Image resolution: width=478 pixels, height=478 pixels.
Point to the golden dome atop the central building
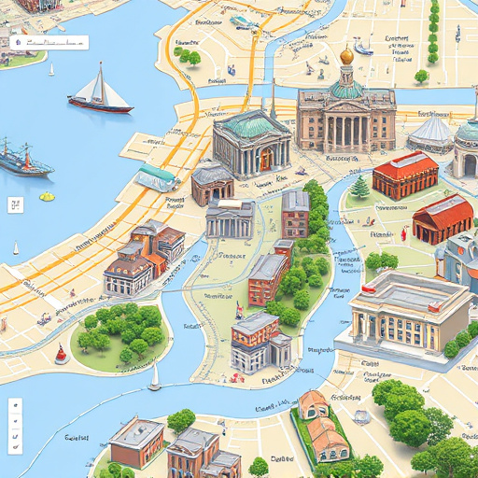pyautogui.click(x=346, y=56)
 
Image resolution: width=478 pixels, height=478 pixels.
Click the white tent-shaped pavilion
pyautogui.click(x=431, y=134)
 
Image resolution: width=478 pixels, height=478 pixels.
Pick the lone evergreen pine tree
pyautogui.click(x=360, y=187)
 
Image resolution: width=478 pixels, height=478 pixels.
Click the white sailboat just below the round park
pyautogui.click(x=154, y=377)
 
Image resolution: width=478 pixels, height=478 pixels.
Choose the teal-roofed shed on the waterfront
pyautogui.click(x=156, y=176)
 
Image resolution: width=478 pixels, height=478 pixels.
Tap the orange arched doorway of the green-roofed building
pyautogui.click(x=265, y=158)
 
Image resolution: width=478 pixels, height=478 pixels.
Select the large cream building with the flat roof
pyautogui.click(x=403, y=312)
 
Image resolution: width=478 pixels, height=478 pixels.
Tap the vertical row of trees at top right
pyautogui.click(x=433, y=33)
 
